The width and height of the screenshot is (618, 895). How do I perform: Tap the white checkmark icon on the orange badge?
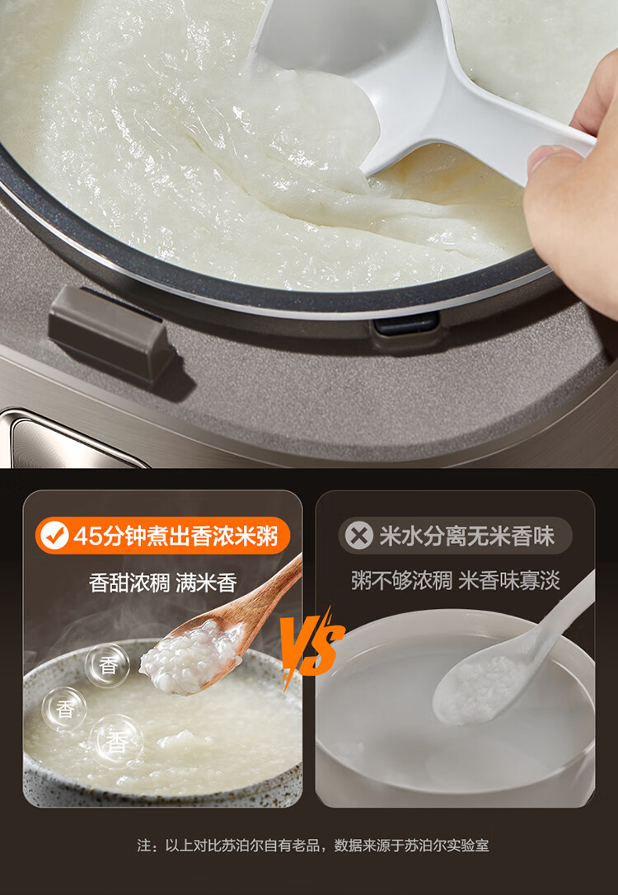(54, 536)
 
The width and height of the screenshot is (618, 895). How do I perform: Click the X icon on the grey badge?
(359, 536)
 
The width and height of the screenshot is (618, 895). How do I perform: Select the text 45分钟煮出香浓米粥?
(176, 536)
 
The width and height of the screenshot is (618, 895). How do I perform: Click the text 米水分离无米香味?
(466, 536)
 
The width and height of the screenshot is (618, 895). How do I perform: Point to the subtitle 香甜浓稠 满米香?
(162, 583)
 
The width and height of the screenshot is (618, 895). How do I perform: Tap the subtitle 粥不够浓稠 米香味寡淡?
(456, 580)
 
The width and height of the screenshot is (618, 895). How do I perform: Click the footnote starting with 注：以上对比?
(313, 846)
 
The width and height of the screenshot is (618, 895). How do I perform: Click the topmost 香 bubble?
(107, 666)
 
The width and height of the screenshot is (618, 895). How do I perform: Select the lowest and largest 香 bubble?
(116, 742)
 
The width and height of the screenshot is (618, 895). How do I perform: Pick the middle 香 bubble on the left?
(64, 709)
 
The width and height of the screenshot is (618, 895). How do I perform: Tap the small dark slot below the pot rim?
(406, 324)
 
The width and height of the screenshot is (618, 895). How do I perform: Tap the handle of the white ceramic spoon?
(562, 616)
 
